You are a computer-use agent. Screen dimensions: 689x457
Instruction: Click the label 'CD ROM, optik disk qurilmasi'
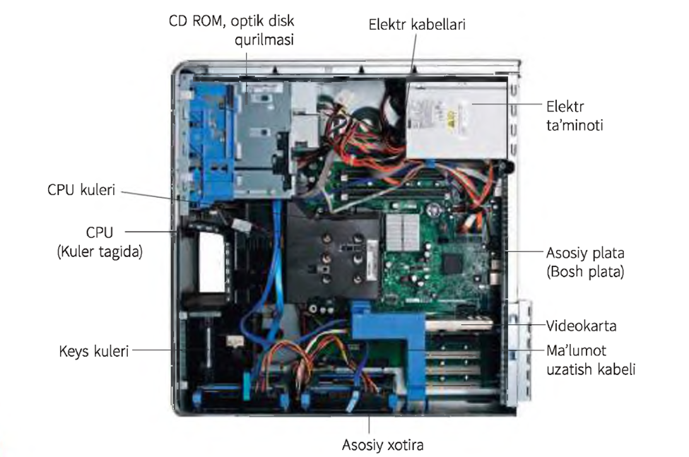click(232, 30)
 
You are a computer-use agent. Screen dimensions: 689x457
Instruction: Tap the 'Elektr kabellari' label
click(416, 24)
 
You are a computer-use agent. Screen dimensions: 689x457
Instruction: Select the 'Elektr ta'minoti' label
click(575, 116)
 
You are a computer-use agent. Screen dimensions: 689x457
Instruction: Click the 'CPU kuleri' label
click(81, 190)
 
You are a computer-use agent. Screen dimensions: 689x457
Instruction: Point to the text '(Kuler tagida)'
click(100, 251)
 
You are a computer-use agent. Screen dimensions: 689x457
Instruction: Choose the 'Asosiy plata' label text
click(585, 253)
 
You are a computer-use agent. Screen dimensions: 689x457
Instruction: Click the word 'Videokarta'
click(581, 326)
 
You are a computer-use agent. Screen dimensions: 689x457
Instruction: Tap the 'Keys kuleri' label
click(93, 351)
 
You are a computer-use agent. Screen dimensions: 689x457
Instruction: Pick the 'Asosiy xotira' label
click(383, 445)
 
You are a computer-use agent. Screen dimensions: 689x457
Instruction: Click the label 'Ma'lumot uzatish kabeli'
click(591, 360)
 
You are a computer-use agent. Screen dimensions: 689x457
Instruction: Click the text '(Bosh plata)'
click(585, 272)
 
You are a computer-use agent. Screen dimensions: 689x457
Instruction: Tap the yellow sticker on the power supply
click(451, 117)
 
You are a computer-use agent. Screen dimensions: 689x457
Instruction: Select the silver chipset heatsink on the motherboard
click(403, 232)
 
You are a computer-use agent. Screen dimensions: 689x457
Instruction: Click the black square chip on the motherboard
click(452, 264)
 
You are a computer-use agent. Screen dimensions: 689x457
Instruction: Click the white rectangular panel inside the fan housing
click(212, 261)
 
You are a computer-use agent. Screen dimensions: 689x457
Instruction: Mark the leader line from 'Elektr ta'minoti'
click(507, 105)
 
